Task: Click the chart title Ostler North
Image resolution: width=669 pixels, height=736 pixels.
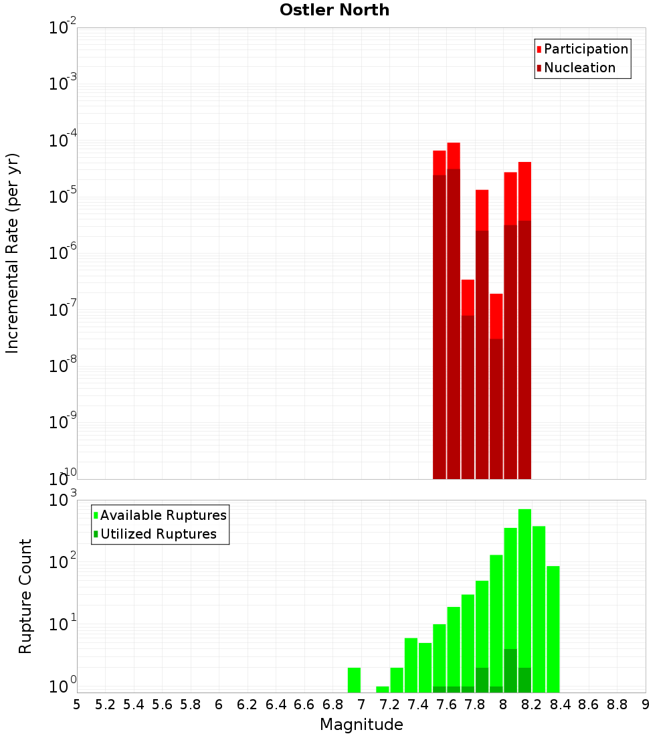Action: [x=334, y=10]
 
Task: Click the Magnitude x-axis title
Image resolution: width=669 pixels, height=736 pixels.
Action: [x=361, y=725]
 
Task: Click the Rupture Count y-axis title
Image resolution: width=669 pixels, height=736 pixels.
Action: [x=25, y=596]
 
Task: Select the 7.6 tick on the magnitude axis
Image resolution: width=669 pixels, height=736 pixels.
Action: [x=446, y=705]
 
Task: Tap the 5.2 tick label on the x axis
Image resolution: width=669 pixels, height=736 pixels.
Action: [x=105, y=705]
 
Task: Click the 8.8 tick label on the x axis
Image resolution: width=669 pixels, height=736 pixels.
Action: [x=617, y=705]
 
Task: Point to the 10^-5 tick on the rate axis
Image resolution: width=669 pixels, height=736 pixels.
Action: [x=63, y=197]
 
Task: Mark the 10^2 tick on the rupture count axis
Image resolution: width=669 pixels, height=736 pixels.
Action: [x=63, y=561]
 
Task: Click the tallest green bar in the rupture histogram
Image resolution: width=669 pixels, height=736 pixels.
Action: [x=524, y=602]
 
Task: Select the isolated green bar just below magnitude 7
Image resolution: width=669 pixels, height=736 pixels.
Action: [x=354, y=680]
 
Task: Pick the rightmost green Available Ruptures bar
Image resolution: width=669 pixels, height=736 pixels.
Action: [x=553, y=629]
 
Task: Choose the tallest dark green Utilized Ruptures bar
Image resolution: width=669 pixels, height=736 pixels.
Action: [x=510, y=670]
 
